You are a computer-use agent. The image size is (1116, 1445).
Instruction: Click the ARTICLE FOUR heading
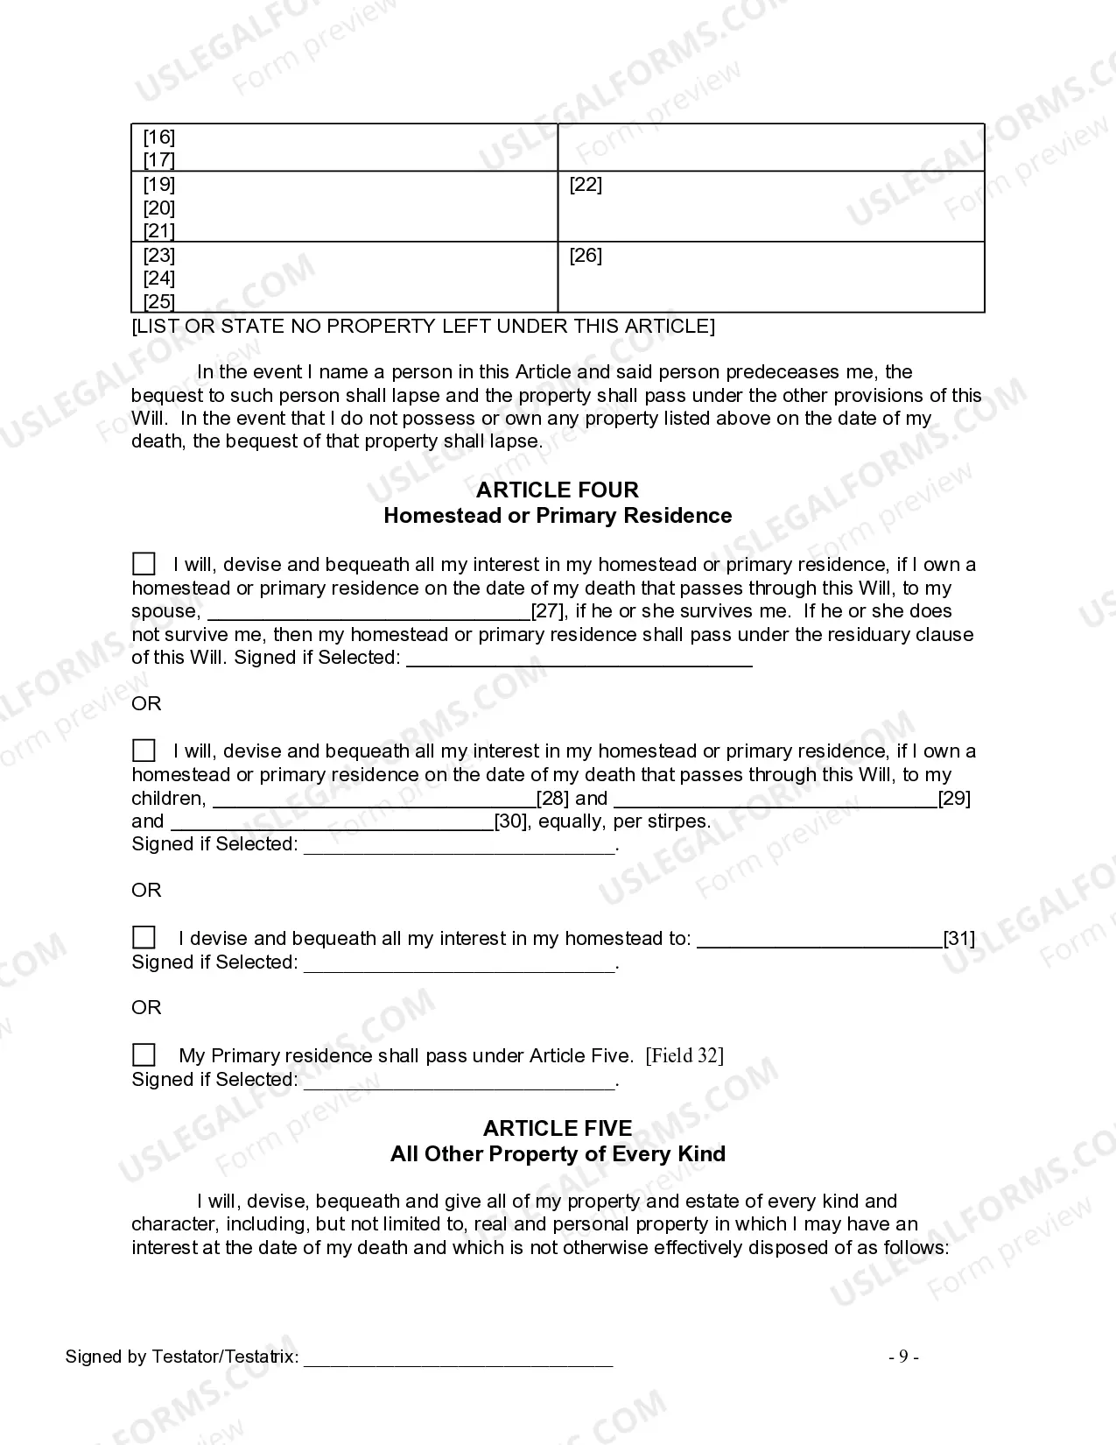coord(557,490)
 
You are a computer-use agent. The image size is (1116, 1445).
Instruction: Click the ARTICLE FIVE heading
coord(557,1128)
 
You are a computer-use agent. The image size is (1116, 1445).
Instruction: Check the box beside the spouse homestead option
coord(144,563)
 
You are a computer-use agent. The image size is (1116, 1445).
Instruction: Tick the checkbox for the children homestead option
coord(144,751)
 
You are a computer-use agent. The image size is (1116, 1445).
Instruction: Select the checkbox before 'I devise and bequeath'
coord(144,938)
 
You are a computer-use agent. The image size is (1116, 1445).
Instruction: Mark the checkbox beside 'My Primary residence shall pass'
coord(144,1054)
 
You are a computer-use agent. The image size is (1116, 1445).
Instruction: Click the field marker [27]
coord(549,611)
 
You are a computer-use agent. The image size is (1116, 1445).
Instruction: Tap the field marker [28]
coord(552,798)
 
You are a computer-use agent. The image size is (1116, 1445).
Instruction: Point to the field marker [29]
coord(954,798)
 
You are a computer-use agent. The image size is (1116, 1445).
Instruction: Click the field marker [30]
coord(511,821)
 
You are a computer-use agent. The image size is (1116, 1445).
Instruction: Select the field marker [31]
coord(958,939)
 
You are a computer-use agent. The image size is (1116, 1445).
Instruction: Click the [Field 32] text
coord(684,1055)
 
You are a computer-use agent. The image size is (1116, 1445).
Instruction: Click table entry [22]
coord(586,185)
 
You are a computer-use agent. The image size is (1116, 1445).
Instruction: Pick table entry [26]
coord(586,256)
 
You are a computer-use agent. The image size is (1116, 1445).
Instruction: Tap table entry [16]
coord(159,137)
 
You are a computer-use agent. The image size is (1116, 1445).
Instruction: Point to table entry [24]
coord(159,278)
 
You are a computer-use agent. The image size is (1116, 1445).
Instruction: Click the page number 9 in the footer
coord(903,1357)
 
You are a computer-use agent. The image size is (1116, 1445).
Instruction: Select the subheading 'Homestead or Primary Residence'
coord(557,515)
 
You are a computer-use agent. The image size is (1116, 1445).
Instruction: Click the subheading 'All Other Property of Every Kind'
coord(557,1153)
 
